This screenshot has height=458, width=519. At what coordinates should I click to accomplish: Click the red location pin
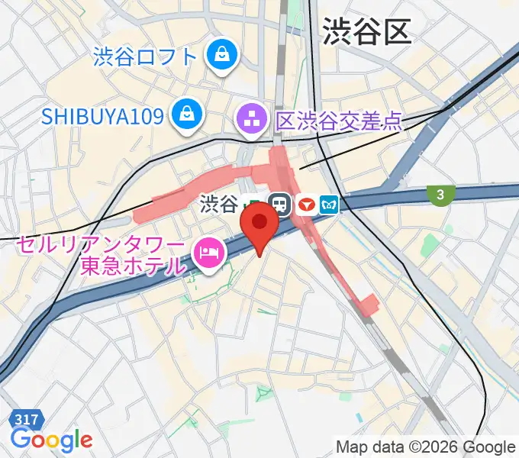259,226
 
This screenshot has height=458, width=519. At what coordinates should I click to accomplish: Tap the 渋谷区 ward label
366,32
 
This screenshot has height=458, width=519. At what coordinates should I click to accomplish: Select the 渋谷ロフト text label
147,56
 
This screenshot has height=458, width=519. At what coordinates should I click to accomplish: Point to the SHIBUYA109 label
102,116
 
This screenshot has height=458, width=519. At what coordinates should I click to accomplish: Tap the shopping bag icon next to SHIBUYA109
185,115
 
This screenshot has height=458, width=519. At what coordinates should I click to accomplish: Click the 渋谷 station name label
218,205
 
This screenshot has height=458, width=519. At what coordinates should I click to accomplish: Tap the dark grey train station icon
279,205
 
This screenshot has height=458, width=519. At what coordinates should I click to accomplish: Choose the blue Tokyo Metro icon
330,205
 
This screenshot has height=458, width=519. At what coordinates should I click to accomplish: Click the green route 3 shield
440,195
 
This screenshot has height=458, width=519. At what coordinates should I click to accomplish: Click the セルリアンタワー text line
101,247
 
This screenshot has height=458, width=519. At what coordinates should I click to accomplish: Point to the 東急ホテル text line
133,267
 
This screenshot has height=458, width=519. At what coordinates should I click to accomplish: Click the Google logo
51,440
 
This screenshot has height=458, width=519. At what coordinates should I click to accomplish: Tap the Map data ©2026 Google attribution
425,447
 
